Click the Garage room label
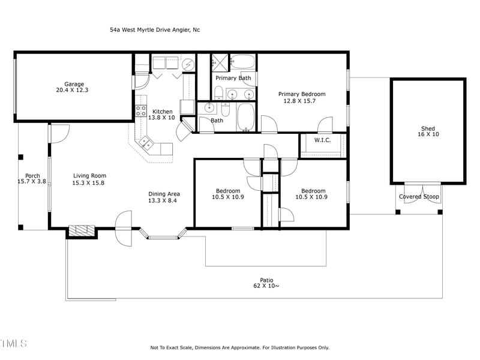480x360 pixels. pos(74,84)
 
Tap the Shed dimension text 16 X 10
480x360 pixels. pos(428,135)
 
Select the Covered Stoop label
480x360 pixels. pos(419,197)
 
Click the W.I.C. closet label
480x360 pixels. pos(323,140)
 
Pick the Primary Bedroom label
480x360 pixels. pos(302,94)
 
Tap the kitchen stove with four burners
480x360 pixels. pos(141,110)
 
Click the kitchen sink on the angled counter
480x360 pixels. pos(145,143)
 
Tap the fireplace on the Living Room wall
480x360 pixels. pos(81,231)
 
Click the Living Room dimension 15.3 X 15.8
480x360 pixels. pos(89,183)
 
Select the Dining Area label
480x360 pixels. pos(164,194)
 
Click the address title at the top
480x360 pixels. pos(155,29)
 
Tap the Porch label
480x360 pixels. pos(32,176)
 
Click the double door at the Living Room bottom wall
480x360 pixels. pos(124,229)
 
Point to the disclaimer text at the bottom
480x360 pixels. pos(239,347)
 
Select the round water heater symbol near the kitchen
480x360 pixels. pos(188,63)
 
